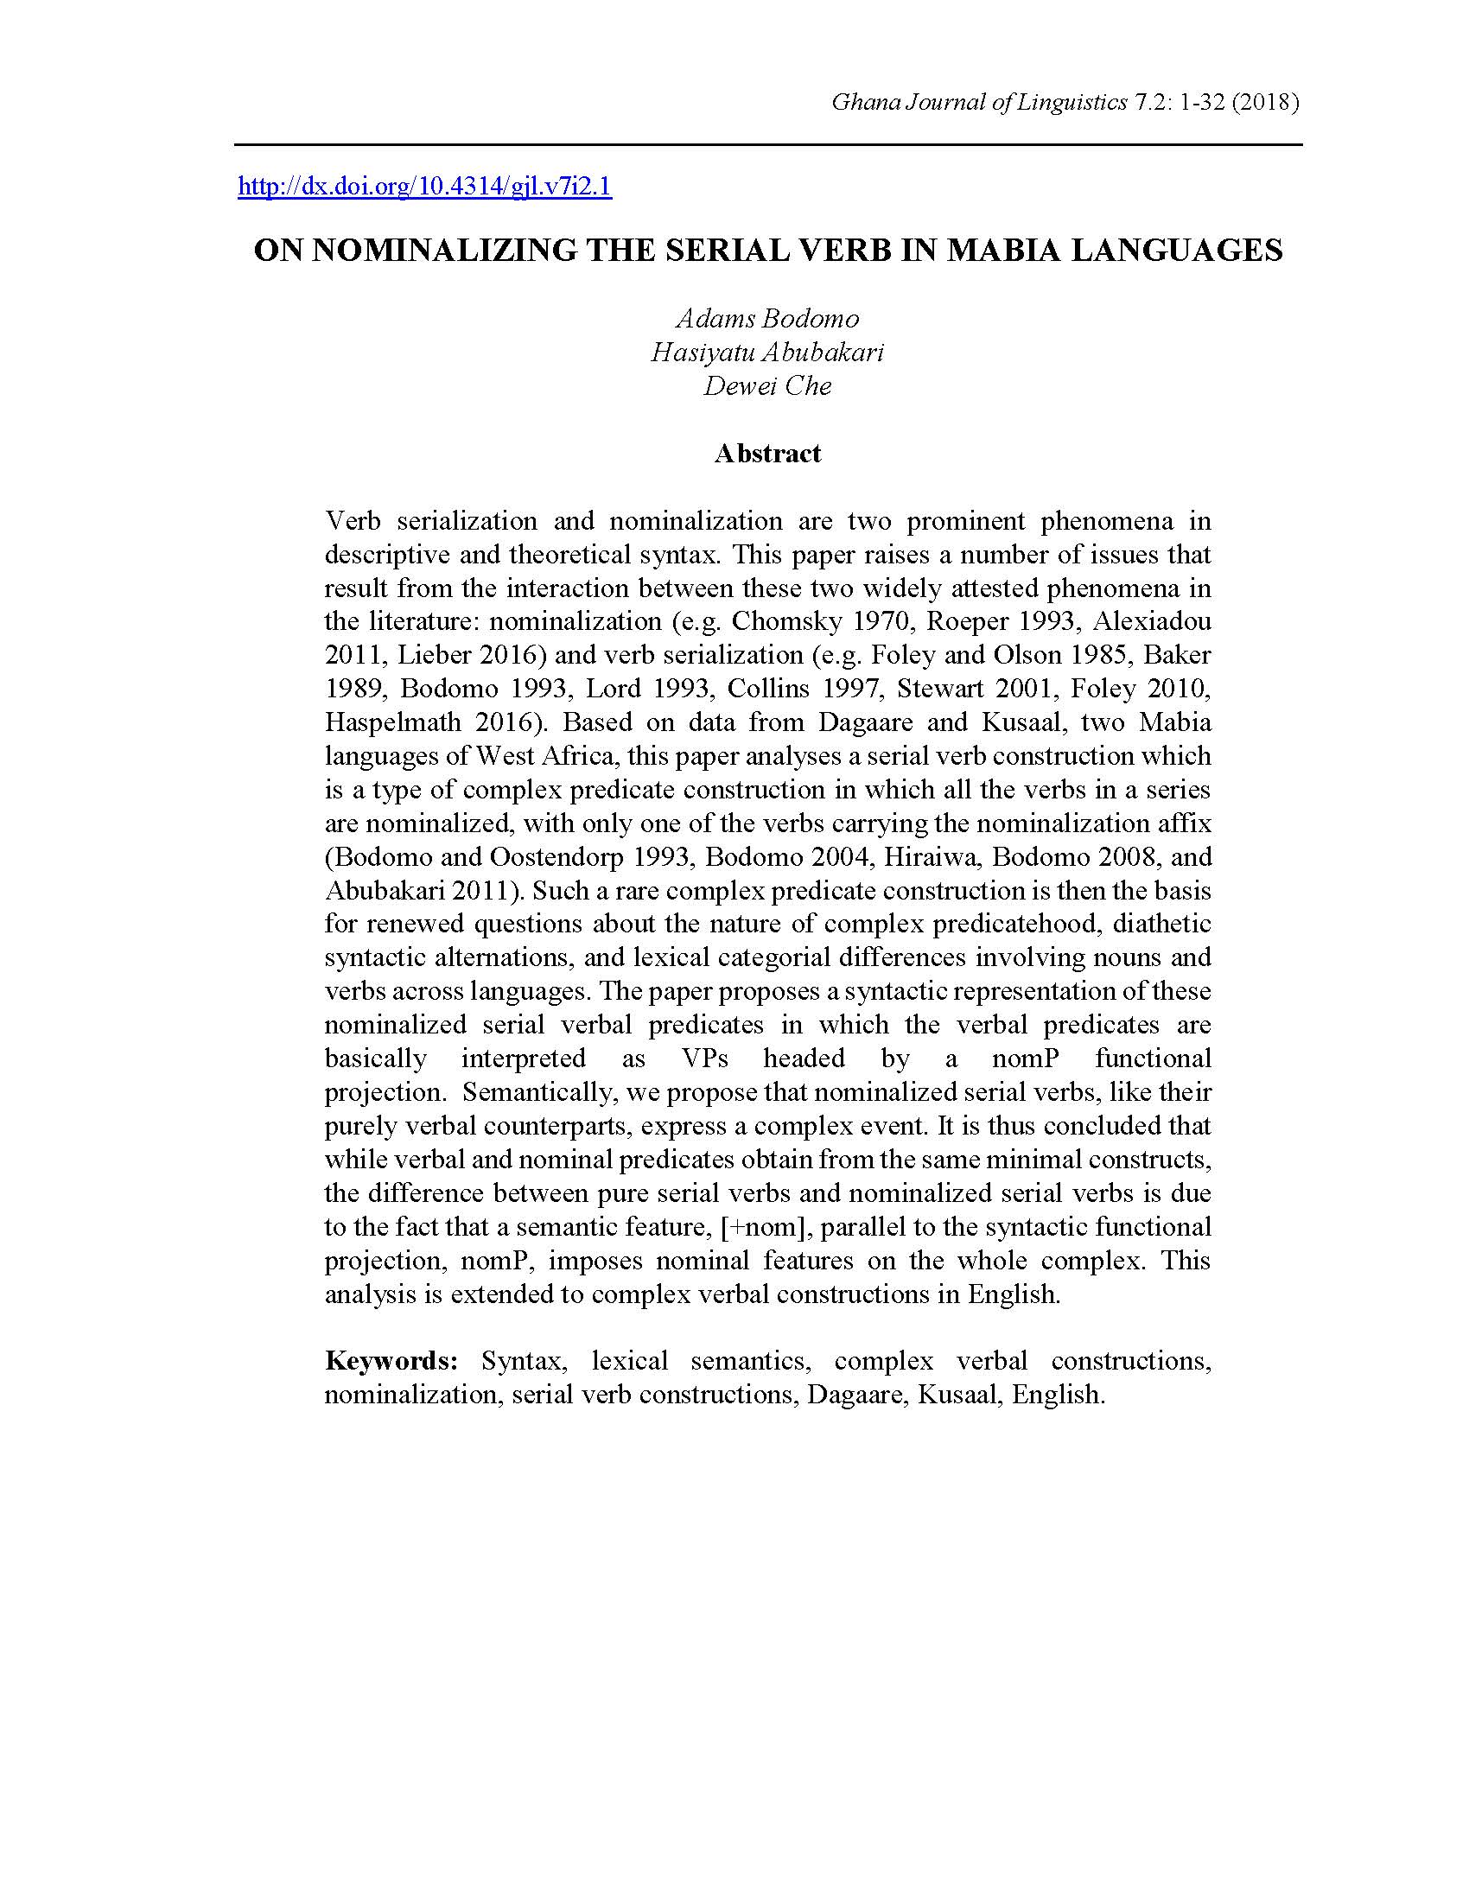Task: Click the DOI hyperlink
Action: (x=424, y=188)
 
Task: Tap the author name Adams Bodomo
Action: (x=767, y=319)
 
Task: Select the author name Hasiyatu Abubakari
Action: (x=767, y=353)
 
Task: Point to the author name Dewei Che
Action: (x=767, y=385)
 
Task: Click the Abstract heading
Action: (x=767, y=454)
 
